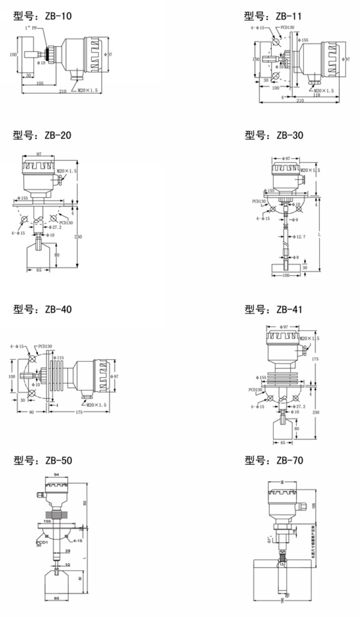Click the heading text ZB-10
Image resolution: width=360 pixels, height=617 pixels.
(x=42, y=17)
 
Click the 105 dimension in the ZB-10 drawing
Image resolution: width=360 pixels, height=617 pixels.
(x=40, y=83)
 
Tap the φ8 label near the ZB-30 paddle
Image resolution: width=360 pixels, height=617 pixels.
(x=296, y=258)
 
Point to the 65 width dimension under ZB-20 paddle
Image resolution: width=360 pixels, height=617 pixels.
(x=38, y=271)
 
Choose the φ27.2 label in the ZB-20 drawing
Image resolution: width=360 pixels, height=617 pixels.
(x=56, y=227)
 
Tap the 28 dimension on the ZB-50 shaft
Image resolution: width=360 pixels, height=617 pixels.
(x=67, y=550)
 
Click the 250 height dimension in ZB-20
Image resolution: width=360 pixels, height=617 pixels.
(x=78, y=237)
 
